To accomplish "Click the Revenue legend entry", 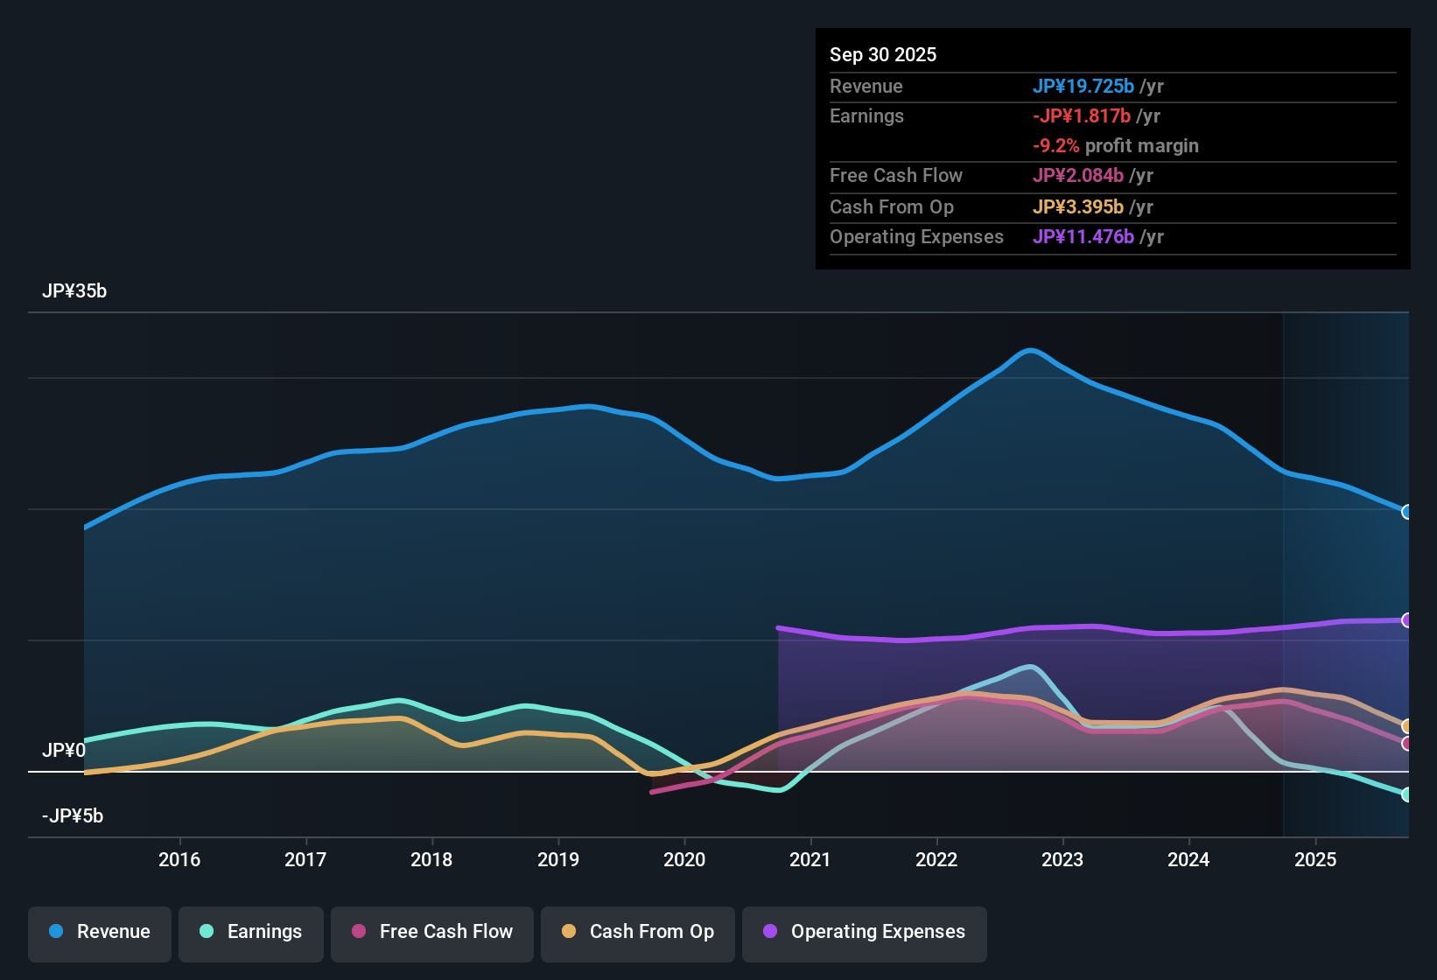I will (99, 932).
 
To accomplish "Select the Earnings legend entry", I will (251, 932).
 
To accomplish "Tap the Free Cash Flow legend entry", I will (432, 932).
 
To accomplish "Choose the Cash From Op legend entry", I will (638, 932).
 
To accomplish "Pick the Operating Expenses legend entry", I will (865, 932).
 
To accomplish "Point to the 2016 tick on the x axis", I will (179, 860).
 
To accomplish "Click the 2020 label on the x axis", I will (684, 860).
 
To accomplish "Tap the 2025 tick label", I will (1315, 860).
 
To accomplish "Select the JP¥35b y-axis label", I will (74, 291).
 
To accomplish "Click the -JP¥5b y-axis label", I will (73, 816).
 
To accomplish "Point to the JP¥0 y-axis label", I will (64, 751).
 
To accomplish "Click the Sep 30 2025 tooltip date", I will (883, 55).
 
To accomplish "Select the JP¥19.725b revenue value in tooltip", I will (1083, 87).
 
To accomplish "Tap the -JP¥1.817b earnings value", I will (1082, 116).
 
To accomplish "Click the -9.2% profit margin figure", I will (1055, 146).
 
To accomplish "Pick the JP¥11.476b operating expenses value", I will (1083, 237).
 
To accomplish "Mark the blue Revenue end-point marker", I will (1406, 512).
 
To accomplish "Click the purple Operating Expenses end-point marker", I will (1406, 620).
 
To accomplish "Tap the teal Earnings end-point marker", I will (1406, 794).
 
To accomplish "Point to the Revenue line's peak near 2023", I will (1031, 350).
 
